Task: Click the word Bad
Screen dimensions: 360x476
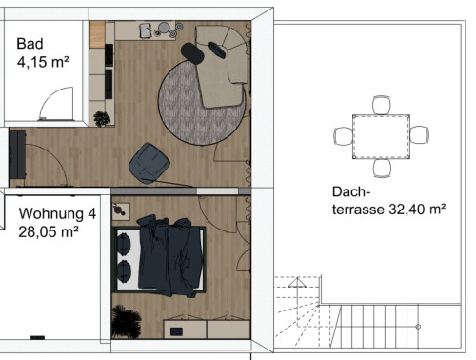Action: click(30, 44)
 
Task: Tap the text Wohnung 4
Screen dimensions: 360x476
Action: click(57, 213)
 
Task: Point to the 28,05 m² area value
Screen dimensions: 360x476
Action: click(48, 230)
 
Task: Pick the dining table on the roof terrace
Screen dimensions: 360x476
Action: click(381, 136)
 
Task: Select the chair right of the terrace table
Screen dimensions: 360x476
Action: click(420, 135)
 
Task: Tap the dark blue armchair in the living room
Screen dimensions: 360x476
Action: click(149, 161)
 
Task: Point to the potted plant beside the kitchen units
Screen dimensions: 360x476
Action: click(101, 119)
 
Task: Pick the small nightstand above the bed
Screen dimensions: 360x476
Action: click(121, 209)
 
